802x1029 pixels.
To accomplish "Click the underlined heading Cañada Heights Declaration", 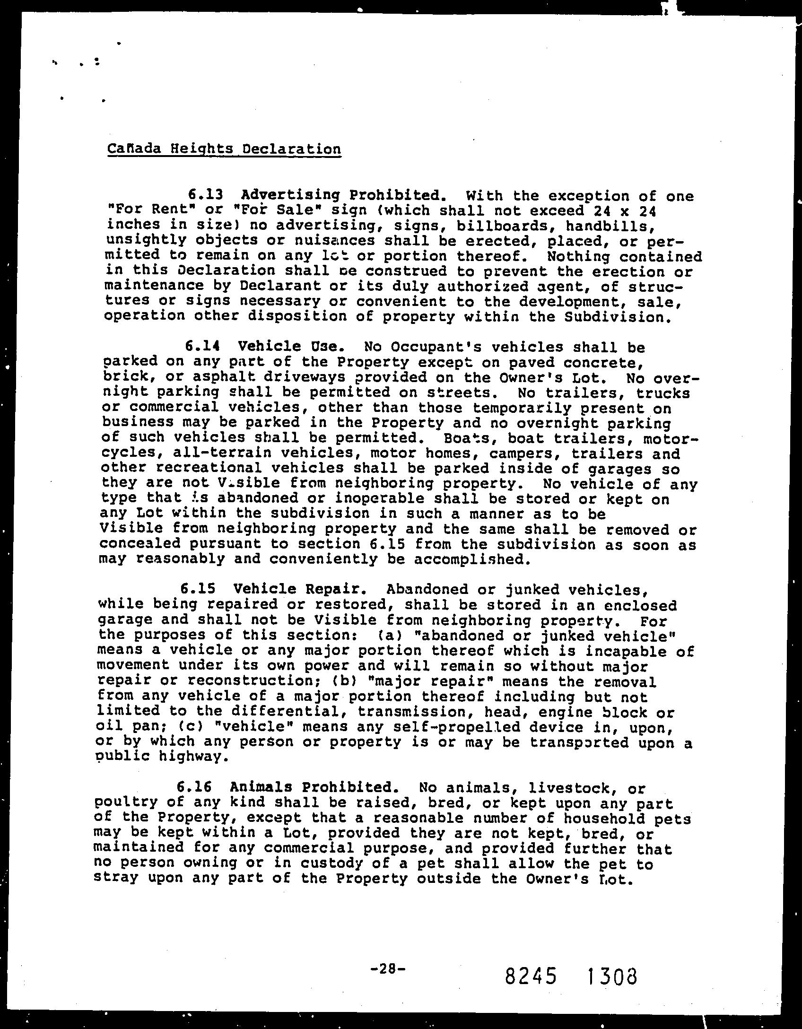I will (x=224, y=149).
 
